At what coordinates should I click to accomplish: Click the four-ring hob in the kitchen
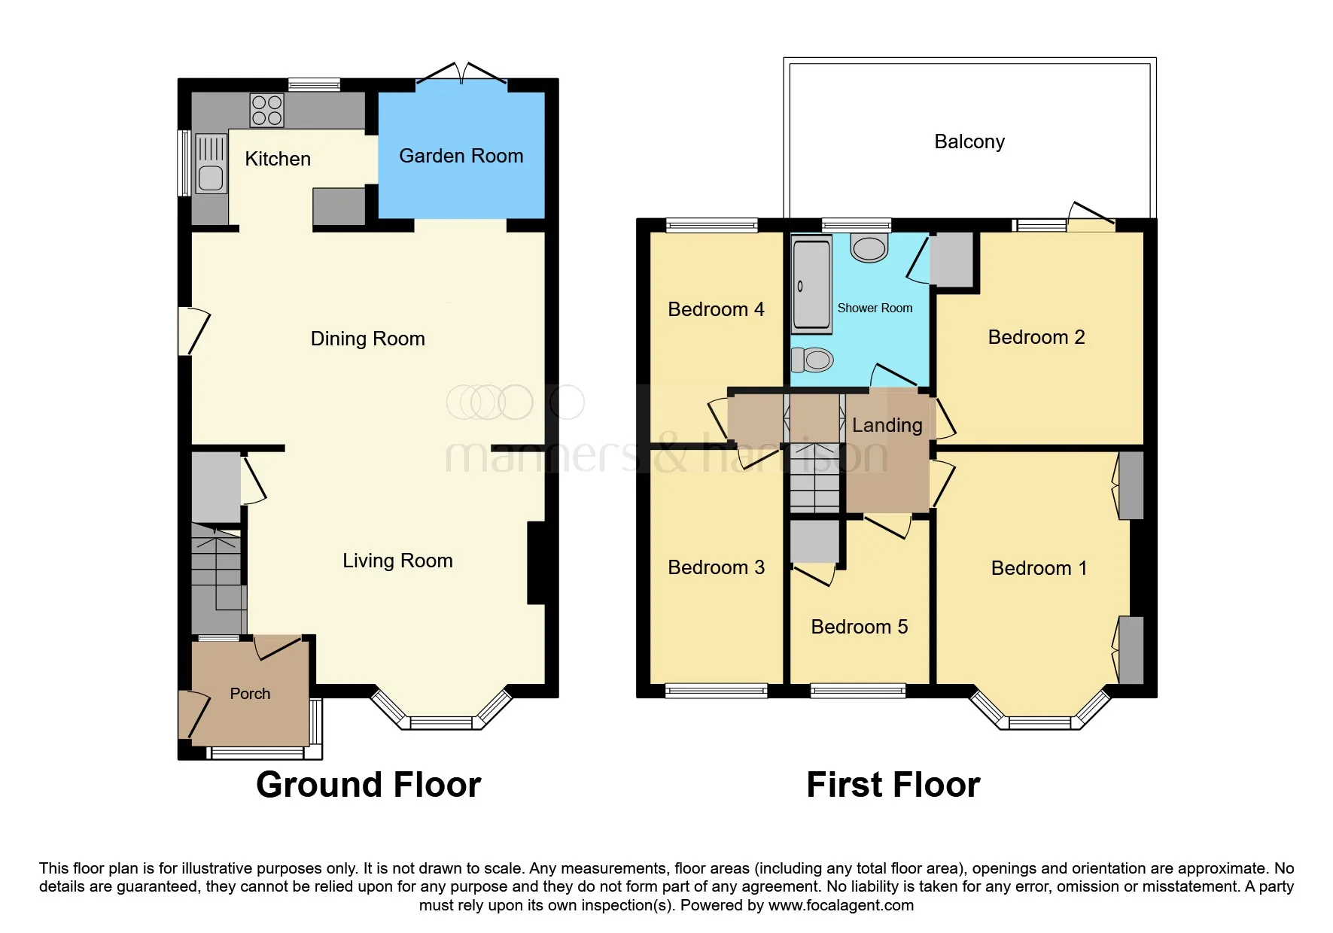266,111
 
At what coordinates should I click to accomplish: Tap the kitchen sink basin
211,178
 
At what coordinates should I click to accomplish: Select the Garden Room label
461,156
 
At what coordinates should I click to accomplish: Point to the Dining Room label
367,339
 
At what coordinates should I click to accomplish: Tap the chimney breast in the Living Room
537,562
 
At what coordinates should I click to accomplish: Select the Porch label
250,694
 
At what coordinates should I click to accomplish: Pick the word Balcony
969,141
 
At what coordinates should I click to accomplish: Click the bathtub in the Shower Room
811,284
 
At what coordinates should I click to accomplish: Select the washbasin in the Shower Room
869,248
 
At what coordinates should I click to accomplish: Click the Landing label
887,425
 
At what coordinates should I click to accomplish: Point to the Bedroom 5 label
859,627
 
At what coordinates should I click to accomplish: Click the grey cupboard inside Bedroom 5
814,540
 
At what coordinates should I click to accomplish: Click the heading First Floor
893,785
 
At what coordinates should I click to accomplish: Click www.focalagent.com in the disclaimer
841,905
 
